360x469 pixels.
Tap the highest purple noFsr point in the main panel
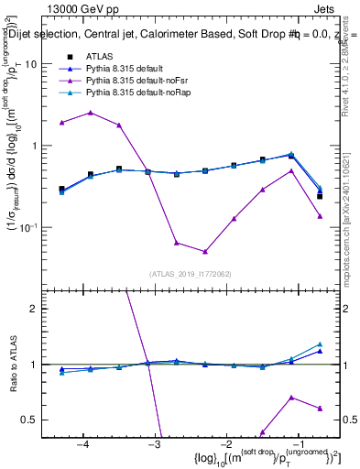91,113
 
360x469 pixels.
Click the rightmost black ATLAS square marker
320,196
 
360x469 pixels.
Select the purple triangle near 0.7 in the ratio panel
291,398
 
